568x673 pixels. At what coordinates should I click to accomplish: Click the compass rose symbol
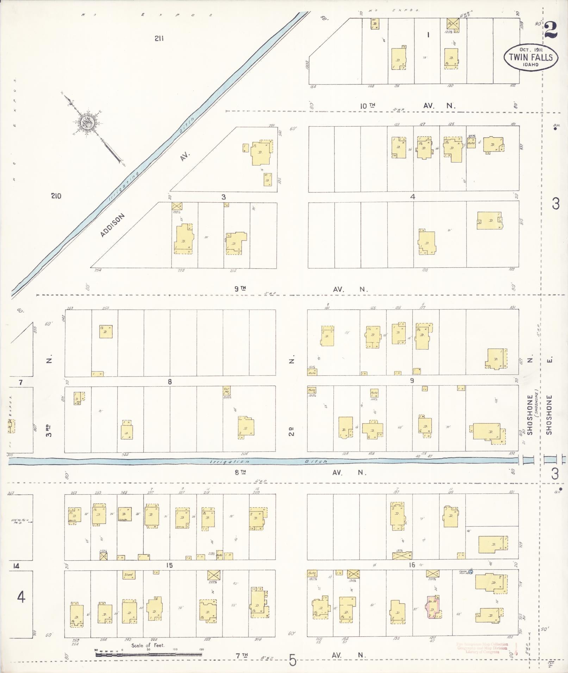coord(86,122)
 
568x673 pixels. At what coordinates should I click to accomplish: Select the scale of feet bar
coord(149,654)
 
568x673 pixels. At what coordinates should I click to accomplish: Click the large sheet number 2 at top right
coord(551,30)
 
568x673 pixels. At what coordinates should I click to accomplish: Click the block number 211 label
coord(159,39)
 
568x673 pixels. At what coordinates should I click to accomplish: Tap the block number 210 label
coord(56,196)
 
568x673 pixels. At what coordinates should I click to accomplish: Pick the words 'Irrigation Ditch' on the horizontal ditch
coord(268,461)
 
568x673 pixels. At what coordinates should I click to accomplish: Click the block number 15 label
coord(169,565)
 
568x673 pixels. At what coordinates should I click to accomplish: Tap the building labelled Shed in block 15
coord(129,576)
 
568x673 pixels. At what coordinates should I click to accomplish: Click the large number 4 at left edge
coord(21,597)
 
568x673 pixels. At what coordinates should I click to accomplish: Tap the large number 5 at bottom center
coord(293,660)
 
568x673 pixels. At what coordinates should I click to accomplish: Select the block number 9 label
coord(412,381)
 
